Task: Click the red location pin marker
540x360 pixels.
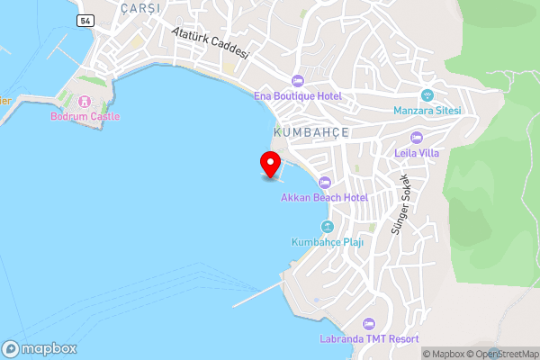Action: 269,164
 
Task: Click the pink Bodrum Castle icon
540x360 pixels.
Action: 86,101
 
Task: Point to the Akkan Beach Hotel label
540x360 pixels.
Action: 325,196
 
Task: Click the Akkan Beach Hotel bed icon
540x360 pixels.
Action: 325,183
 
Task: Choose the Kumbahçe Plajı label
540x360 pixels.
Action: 326,241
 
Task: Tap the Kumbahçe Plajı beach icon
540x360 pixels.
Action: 328,226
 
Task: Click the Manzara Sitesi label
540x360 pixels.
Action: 427,111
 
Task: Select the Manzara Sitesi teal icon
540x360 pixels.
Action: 428,95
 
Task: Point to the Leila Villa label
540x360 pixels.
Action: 417,153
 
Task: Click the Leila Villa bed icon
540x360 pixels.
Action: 416,138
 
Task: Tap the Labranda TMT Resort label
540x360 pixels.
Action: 369,338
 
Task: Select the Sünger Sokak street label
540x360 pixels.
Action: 400,204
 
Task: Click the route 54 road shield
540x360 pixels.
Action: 85,20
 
